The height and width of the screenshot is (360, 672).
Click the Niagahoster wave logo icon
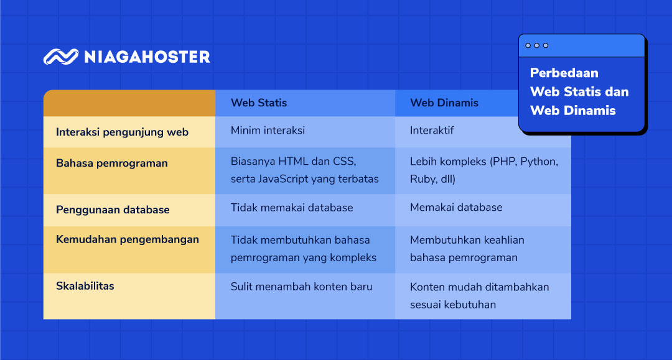[x=61, y=57]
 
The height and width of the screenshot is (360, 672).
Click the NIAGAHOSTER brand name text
[x=147, y=57]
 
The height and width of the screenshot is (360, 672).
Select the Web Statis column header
[x=259, y=103]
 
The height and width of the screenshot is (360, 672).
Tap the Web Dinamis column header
[x=444, y=103]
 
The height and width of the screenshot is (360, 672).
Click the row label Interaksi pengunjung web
[x=122, y=132]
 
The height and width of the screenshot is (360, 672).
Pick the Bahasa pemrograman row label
[x=112, y=163]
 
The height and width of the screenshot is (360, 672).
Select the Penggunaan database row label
[x=113, y=210]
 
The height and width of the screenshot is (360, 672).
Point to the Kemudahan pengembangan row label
[x=128, y=239]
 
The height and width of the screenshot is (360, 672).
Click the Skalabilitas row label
[x=85, y=286]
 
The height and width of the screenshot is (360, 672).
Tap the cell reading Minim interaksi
[x=268, y=131]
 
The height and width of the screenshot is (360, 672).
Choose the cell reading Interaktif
[x=432, y=131]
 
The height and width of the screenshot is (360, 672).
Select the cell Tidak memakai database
[x=292, y=208]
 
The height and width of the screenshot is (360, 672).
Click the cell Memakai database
[x=456, y=208]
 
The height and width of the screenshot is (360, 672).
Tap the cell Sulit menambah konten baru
[x=301, y=287]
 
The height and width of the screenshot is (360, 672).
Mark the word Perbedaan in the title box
[x=564, y=73]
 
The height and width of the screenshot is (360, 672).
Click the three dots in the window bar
[x=536, y=45]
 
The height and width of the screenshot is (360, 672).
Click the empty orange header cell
[x=129, y=103]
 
